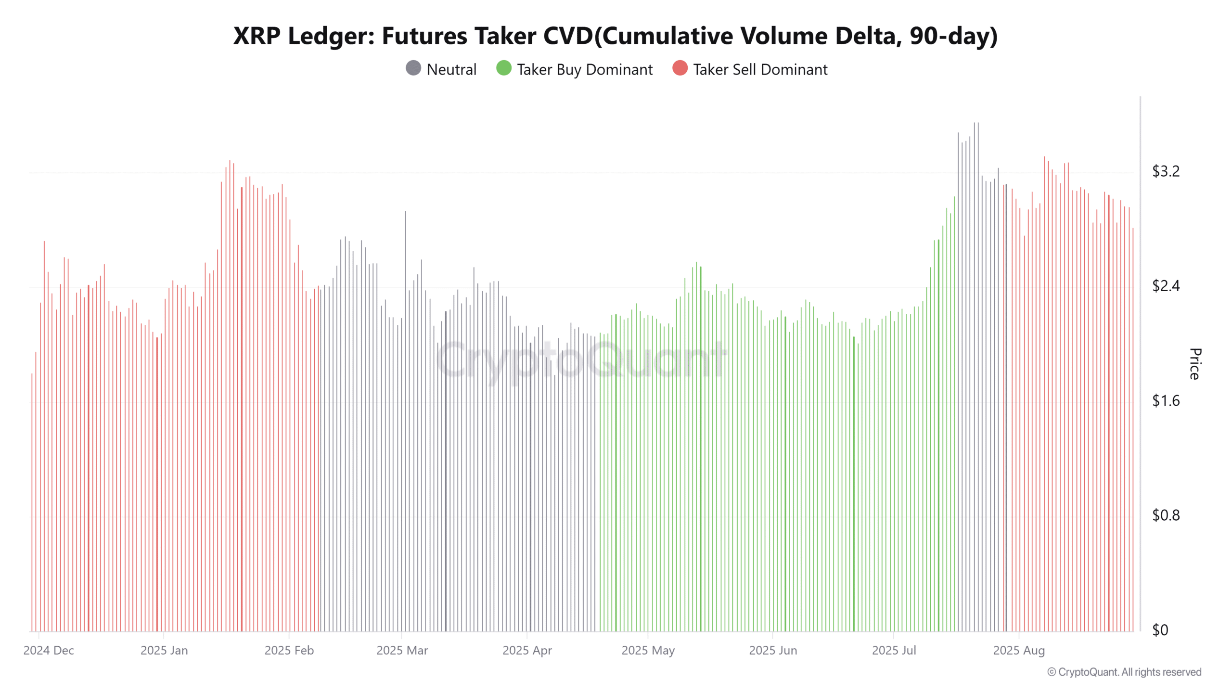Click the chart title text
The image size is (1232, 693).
(616, 36)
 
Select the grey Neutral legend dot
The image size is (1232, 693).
(413, 68)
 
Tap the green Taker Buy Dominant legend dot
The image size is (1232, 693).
(504, 68)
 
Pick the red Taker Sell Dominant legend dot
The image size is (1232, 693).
(680, 68)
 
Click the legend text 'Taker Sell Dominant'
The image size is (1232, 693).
(760, 70)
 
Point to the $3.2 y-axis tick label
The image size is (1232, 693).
(1166, 171)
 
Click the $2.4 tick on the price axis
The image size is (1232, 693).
(1166, 286)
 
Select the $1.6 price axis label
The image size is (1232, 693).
(1166, 401)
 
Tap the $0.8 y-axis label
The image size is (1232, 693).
(1166, 515)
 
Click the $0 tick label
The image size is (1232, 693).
(1160, 630)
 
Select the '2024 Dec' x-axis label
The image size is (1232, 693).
(49, 651)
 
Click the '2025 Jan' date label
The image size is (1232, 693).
(164, 651)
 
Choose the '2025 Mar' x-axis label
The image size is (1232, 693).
(402, 651)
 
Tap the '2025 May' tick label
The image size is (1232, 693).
(648, 651)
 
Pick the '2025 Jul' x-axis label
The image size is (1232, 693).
(894, 651)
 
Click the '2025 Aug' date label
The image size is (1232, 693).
(1019, 651)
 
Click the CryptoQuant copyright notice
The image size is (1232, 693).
(1124, 672)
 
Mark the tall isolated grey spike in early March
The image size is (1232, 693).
(405, 421)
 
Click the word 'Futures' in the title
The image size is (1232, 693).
(424, 36)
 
